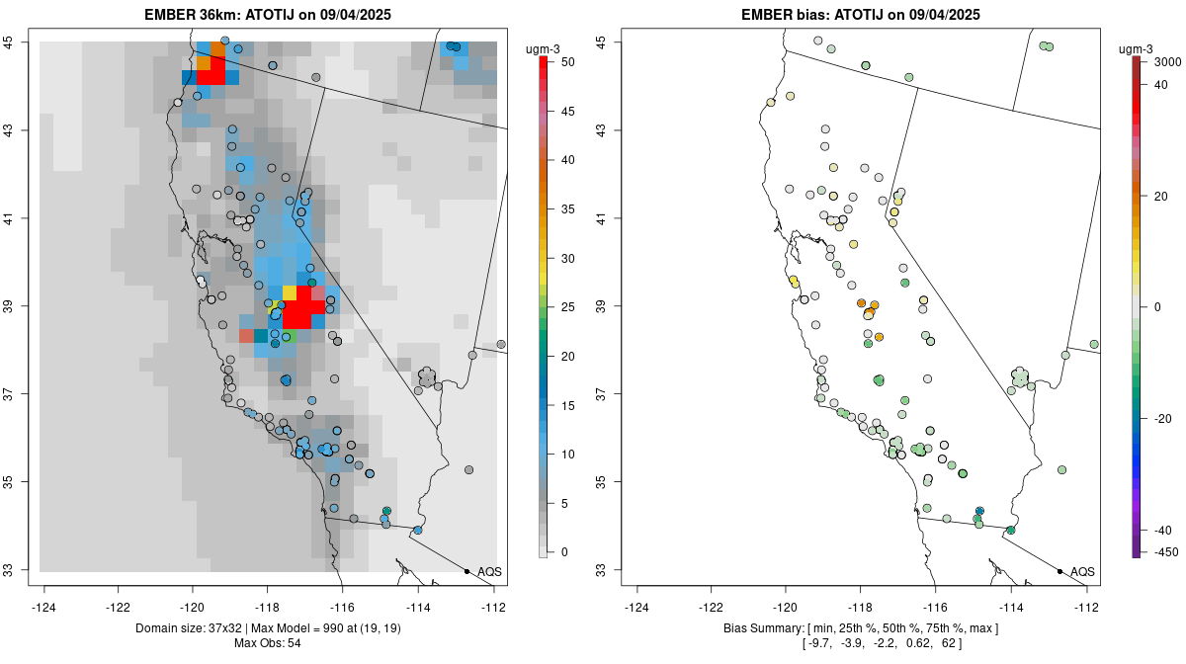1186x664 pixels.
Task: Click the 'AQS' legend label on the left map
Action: pos(489,572)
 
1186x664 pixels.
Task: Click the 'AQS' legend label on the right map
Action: pos(1082,572)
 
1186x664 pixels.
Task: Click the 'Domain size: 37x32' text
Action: pos(187,628)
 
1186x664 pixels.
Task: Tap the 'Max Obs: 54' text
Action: pos(267,643)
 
